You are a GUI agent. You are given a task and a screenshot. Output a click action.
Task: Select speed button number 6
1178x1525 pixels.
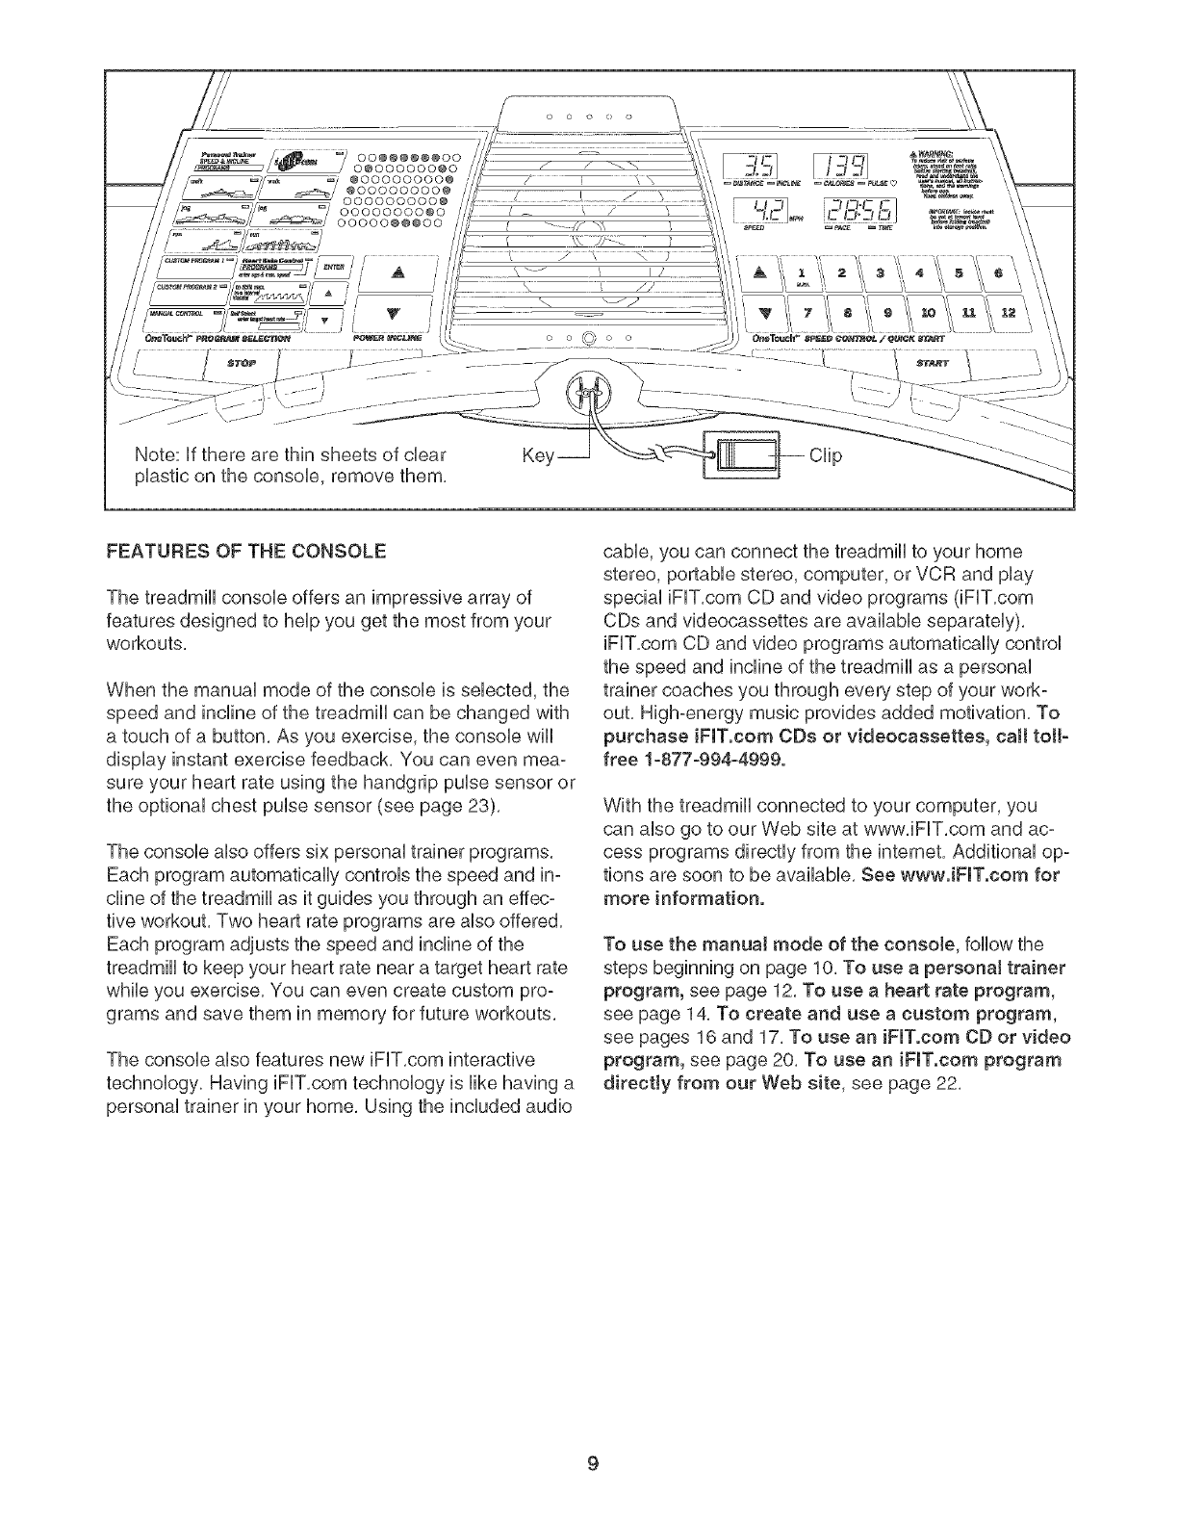(999, 272)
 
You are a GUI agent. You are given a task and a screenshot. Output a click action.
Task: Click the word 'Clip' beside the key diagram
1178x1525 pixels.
(826, 456)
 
